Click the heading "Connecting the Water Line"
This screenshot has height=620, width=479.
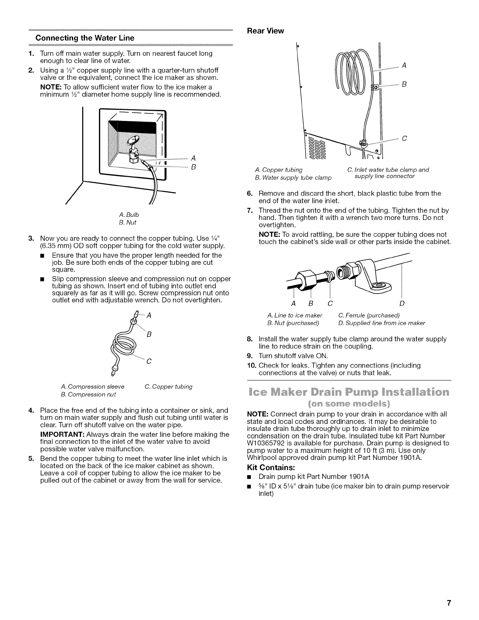(85, 38)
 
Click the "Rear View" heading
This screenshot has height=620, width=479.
(264, 31)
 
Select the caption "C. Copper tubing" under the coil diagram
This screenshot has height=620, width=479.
(169, 387)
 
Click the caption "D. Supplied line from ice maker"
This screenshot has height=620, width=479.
(381, 323)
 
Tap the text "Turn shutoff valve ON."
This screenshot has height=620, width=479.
(293, 356)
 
